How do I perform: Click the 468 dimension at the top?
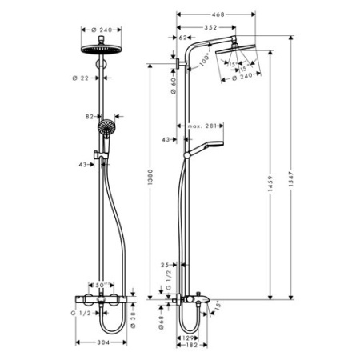point(218,14)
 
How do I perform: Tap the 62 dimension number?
point(182,38)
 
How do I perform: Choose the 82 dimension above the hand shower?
point(90,116)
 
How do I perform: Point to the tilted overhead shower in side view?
point(240,58)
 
